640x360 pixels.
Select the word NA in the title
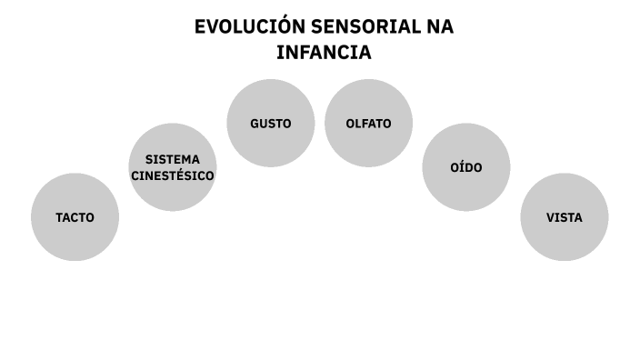click(440, 27)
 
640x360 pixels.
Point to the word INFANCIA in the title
click(324, 53)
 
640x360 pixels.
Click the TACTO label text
click(75, 218)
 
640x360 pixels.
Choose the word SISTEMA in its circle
click(173, 159)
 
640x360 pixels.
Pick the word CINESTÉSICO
click(173, 175)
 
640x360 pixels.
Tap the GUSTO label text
click(271, 124)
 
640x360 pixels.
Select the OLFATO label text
click(368, 124)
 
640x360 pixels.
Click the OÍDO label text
click(466, 168)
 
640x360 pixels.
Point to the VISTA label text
click(564, 218)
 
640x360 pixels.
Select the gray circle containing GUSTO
click(271, 145)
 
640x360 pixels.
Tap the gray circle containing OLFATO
click(368, 145)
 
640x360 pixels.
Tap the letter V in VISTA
click(550, 218)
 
